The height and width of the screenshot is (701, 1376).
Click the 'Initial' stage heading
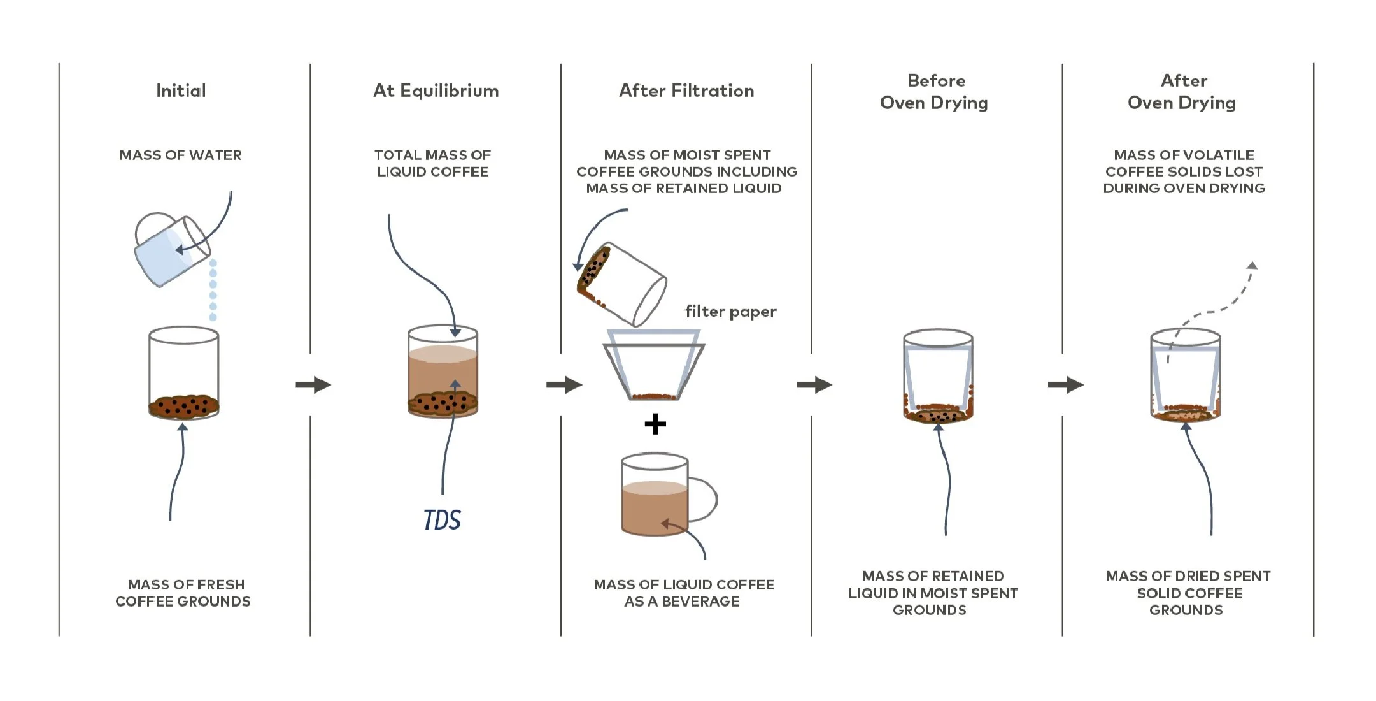coord(181,90)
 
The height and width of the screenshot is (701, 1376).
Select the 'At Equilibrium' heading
coord(436,90)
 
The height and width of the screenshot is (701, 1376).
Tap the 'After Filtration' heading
coord(686,90)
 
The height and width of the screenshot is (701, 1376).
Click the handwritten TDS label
coord(442,520)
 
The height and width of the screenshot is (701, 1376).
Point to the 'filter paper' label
coord(730,312)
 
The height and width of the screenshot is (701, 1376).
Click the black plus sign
coord(655,424)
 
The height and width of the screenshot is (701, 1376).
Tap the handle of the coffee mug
coord(706,500)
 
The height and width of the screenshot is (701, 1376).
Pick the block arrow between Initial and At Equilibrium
coord(313,385)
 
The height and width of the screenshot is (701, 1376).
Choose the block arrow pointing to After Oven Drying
coord(1065,385)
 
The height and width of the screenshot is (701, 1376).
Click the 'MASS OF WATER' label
coord(180,155)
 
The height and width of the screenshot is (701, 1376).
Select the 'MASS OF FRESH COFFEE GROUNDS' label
coord(183,593)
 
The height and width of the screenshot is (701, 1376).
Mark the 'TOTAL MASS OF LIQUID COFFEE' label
coord(432,163)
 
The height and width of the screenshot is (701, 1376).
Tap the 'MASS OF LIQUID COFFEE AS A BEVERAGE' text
coord(683,593)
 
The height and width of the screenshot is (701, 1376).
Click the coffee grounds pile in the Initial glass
coord(183,405)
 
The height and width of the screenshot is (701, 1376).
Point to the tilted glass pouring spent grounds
coord(621,284)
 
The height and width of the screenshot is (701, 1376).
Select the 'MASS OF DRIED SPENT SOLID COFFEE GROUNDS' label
coord(1188,593)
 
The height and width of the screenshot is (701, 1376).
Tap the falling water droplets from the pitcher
coord(213,290)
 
